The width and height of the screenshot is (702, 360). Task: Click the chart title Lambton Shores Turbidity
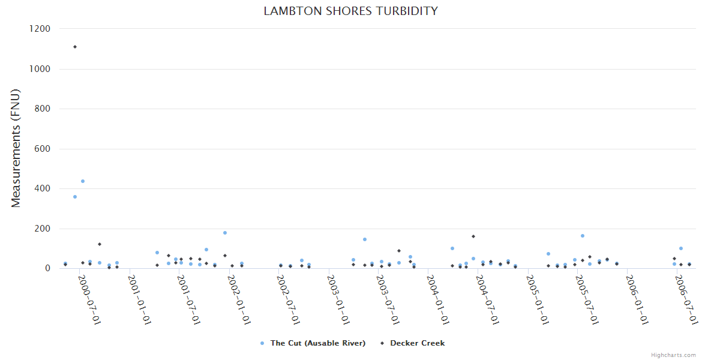pos(350,11)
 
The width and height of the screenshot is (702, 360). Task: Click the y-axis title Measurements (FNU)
pos(16,148)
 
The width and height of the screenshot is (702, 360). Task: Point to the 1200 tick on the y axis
pos(40,29)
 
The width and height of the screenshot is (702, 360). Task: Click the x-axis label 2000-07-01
pos(89,299)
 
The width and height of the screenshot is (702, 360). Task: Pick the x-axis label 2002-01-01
pos(238,299)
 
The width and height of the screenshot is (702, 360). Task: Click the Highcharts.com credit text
pos(673,355)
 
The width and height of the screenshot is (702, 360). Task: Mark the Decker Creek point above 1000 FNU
pos(75,47)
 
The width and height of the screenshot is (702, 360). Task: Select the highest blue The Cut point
pos(83,181)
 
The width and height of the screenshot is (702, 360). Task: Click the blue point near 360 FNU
pos(75,197)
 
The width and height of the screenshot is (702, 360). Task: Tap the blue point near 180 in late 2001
pos(225,233)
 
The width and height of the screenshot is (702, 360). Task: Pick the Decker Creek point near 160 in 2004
pos(473,236)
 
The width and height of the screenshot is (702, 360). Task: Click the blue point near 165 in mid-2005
pos(583,236)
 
